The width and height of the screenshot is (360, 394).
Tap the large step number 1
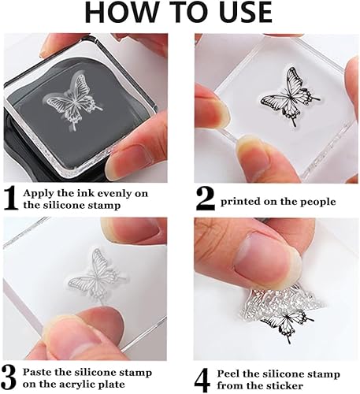11,199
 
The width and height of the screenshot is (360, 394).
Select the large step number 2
206,199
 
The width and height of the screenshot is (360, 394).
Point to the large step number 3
9,378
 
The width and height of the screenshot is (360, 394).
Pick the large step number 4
202,380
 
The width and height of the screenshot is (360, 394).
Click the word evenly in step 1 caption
110,194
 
